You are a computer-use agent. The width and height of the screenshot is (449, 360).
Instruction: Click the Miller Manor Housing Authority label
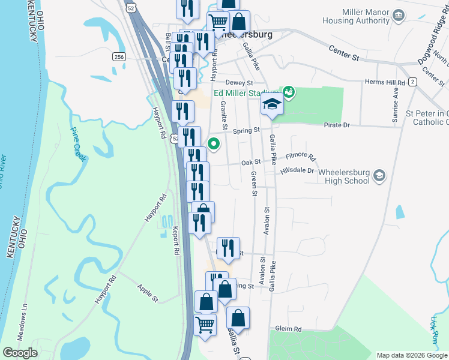point(365,16)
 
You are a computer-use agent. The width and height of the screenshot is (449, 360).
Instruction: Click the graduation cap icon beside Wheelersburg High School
point(379,176)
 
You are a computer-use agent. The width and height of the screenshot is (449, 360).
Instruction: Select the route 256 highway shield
point(119,56)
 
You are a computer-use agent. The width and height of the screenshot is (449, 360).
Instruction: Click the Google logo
point(20,353)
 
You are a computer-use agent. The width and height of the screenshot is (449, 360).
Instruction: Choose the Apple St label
point(148,293)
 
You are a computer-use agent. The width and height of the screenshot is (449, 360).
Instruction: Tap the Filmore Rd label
point(301,157)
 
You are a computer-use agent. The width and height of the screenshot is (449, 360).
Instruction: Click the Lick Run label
point(435,331)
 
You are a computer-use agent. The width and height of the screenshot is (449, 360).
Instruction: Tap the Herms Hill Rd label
point(385,82)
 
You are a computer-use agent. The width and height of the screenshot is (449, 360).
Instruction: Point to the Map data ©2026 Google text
point(411,355)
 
